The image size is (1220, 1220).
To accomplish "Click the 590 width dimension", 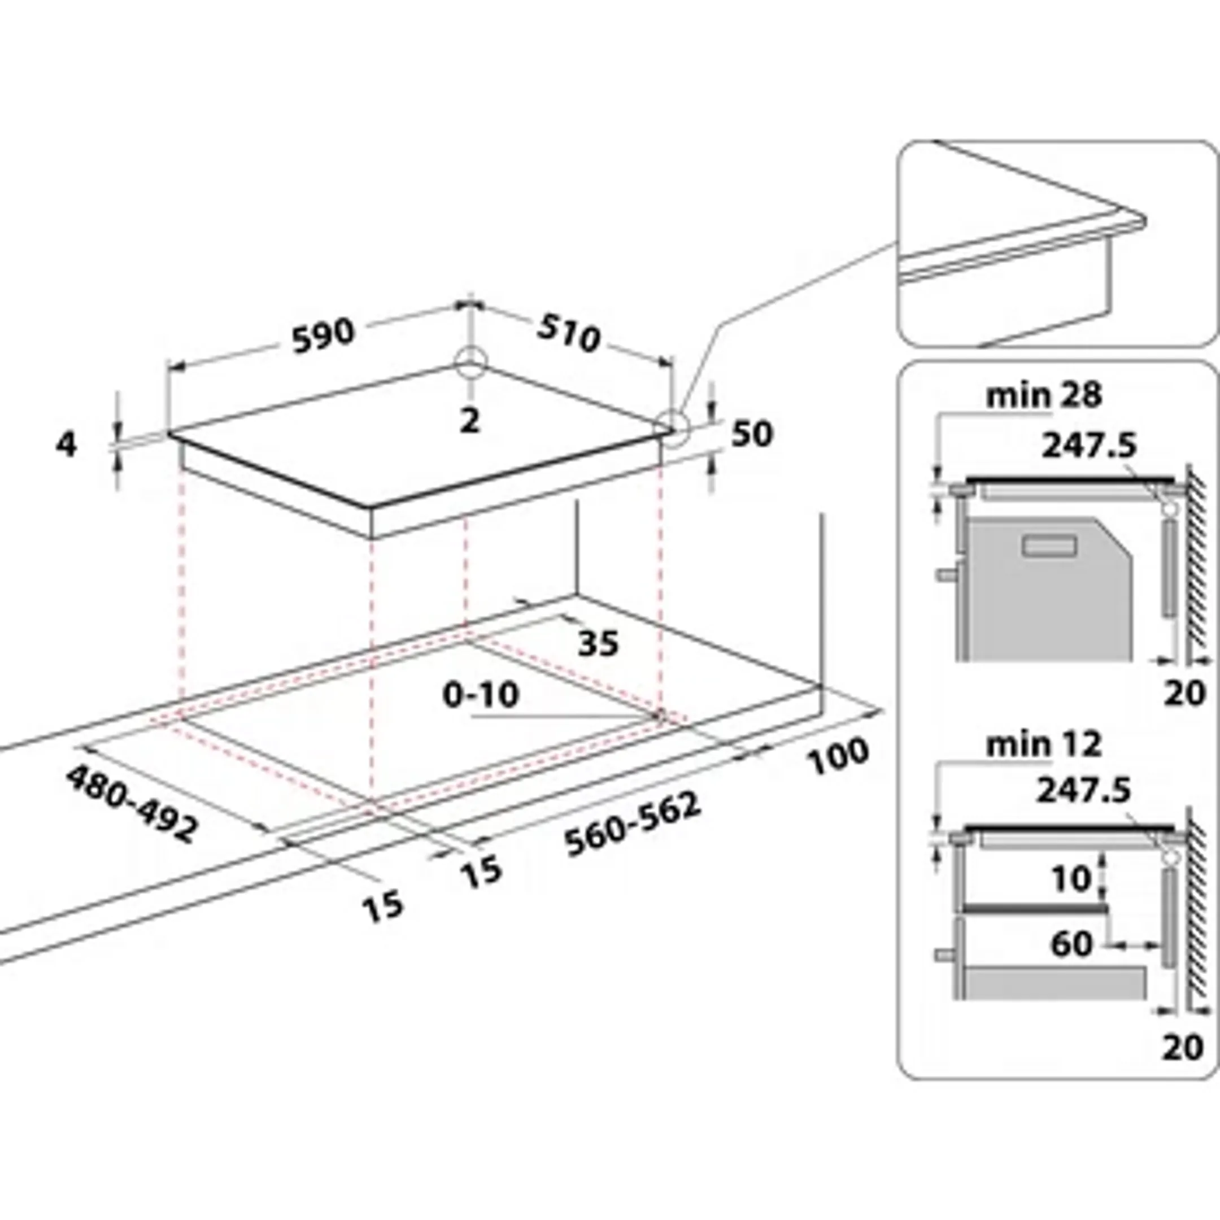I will pos(323,335).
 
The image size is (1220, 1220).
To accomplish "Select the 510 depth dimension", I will pos(568,333).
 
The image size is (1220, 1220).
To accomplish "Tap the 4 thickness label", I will pos(66,446).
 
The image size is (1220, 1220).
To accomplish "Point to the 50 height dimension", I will pos(751,434).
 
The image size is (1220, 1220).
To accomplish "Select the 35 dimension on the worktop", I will pos(599,643).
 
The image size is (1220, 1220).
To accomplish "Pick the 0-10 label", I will pos(481,695).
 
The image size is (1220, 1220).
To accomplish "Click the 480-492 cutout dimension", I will pos(132,804).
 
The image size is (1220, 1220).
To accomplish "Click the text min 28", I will pos(1043,396).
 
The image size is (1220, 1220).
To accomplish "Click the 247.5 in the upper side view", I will pos(1088,446).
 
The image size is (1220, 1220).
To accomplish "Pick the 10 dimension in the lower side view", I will pos(1071,878).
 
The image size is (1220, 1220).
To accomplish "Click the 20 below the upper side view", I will pos(1184,694).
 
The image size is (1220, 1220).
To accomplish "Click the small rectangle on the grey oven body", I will pos(1050,545).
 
